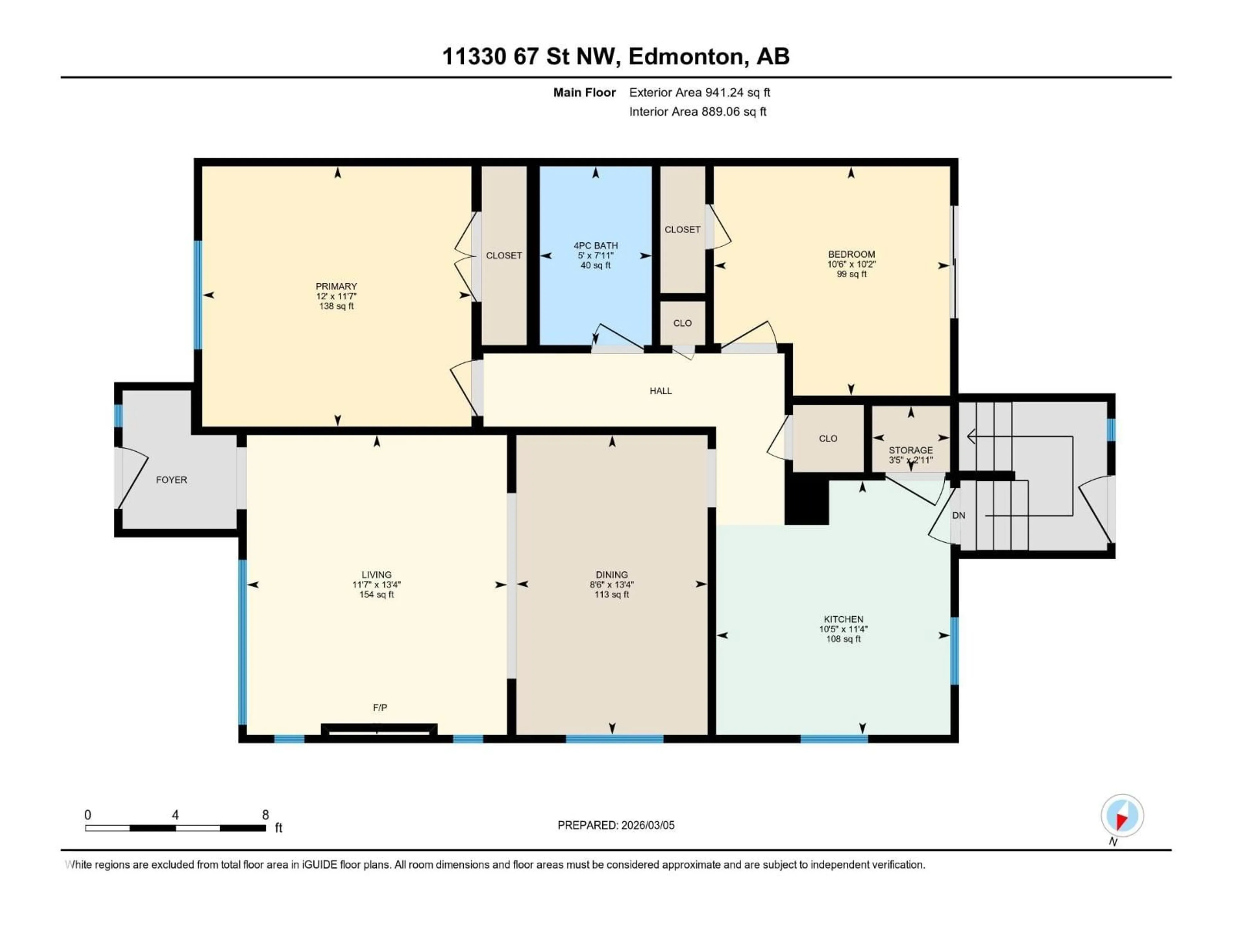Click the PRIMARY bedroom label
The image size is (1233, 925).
tap(336, 286)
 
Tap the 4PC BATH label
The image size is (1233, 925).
tap(595, 245)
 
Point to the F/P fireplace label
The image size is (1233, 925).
tap(380, 708)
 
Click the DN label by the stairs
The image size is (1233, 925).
tap(958, 515)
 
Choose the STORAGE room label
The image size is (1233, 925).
tap(910, 450)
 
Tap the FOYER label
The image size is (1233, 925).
tap(171, 480)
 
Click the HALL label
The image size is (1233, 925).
tap(660, 391)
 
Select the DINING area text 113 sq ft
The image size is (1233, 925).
tap(611, 595)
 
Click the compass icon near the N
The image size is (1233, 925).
tap(1122, 816)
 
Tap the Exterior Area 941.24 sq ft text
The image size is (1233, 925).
tap(700, 92)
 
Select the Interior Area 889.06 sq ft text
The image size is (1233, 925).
tap(697, 111)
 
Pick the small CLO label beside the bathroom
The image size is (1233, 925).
tap(682, 323)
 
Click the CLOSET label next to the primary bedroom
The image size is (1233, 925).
tap(504, 255)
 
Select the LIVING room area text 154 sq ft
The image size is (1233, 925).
tap(376, 595)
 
